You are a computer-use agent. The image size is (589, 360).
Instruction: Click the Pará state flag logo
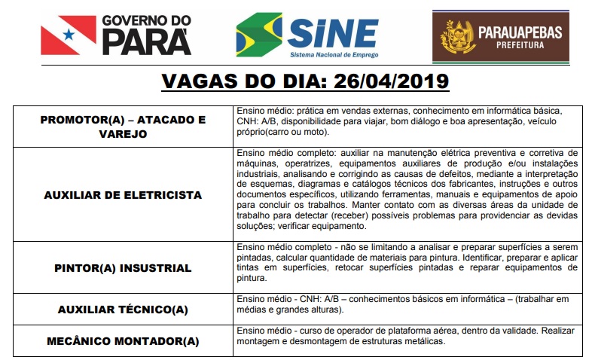click(x=69, y=35)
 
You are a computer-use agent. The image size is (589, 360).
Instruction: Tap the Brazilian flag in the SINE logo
click(x=259, y=35)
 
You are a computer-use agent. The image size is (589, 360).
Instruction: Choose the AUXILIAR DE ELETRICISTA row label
click(x=123, y=195)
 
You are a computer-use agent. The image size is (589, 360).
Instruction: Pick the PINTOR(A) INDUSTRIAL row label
click(x=123, y=267)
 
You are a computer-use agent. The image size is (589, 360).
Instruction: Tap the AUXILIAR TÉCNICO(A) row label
click(x=123, y=310)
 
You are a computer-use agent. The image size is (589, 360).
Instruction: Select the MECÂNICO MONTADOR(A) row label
click(x=123, y=341)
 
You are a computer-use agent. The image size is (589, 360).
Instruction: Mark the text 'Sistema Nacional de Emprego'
click(x=334, y=54)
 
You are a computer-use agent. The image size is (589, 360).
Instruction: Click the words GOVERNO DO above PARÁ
click(x=147, y=20)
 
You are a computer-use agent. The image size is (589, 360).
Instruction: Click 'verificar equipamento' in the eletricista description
click(x=314, y=227)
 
